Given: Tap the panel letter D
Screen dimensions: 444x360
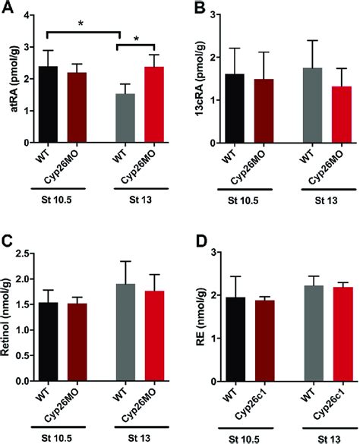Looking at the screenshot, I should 190,245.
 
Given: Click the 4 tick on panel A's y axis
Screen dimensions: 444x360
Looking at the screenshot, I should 27,15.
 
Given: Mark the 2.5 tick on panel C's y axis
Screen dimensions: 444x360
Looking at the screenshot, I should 24,253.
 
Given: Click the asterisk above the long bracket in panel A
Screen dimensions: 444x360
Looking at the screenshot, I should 81,24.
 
